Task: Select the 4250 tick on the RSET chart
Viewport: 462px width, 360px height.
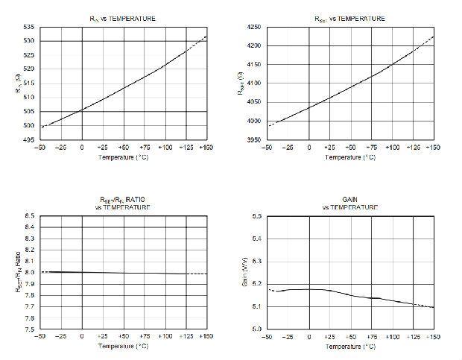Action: tap(254, 27)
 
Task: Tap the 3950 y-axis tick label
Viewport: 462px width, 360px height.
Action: tap(254, 140)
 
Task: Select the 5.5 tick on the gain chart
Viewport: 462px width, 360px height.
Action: tap(256, 215)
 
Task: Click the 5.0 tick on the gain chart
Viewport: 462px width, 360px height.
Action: tap(256, 329)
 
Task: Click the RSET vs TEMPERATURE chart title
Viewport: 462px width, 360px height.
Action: tap(348, 18)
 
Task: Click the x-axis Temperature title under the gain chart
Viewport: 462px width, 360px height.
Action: tap(348, 347)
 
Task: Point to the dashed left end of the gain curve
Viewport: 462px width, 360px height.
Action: tap(270, 289)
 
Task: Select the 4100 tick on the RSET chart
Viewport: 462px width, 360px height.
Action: tap(254, 83)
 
